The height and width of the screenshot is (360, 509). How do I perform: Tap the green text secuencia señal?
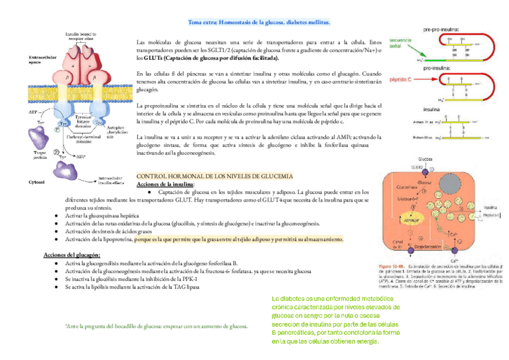tap(400, 43)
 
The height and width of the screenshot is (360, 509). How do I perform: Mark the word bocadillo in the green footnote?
tap(131, 326)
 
